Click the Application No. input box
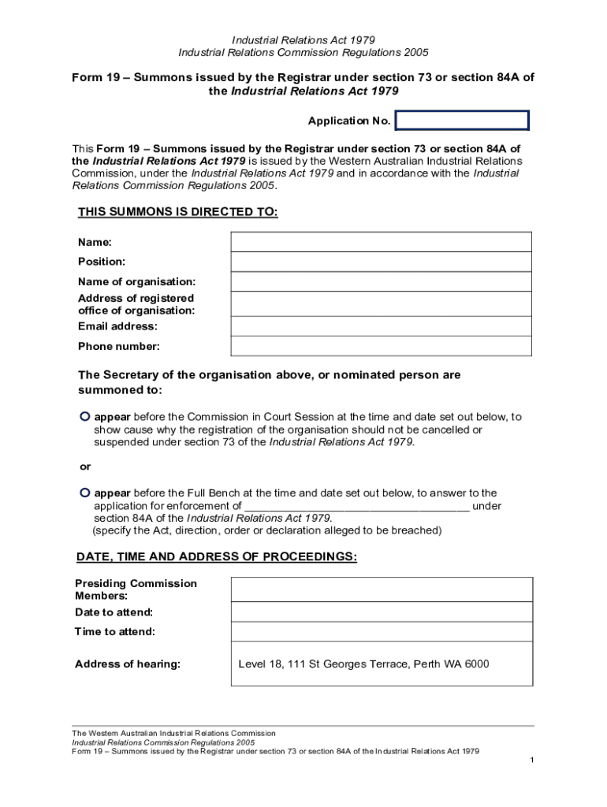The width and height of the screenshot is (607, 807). click(x=462, y=121)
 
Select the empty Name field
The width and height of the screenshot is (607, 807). click(x=381, y=242)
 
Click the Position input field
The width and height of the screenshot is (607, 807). click(x=381, y=262)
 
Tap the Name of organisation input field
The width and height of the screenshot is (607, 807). click(x=381, y=282)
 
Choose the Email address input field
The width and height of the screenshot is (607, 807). click(x=381, y=326)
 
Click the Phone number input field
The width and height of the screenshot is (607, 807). click(x=381, y=346)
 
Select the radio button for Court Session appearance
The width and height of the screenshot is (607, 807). click(x=84, y=416)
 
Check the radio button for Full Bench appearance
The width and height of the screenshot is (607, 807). click(x=84, y=493)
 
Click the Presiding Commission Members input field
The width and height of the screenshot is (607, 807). click(x=381, y=589)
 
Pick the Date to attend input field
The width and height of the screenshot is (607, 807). click(x=381, y=612)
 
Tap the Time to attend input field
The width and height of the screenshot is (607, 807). click(x=381, y=632)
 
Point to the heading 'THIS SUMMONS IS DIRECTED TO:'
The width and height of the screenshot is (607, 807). click(x=177, y=213)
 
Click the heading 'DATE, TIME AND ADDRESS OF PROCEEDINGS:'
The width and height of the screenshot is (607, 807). click(x=216, y=557)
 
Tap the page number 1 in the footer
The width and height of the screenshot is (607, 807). click(x=533, y=760)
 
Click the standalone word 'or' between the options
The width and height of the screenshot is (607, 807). click(x=84, y=467)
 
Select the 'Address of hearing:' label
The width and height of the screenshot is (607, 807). click(x=128, y=664)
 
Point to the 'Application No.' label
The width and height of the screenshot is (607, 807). click(x=348, y=121)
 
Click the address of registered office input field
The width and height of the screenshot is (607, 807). click(x=381, y=304)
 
